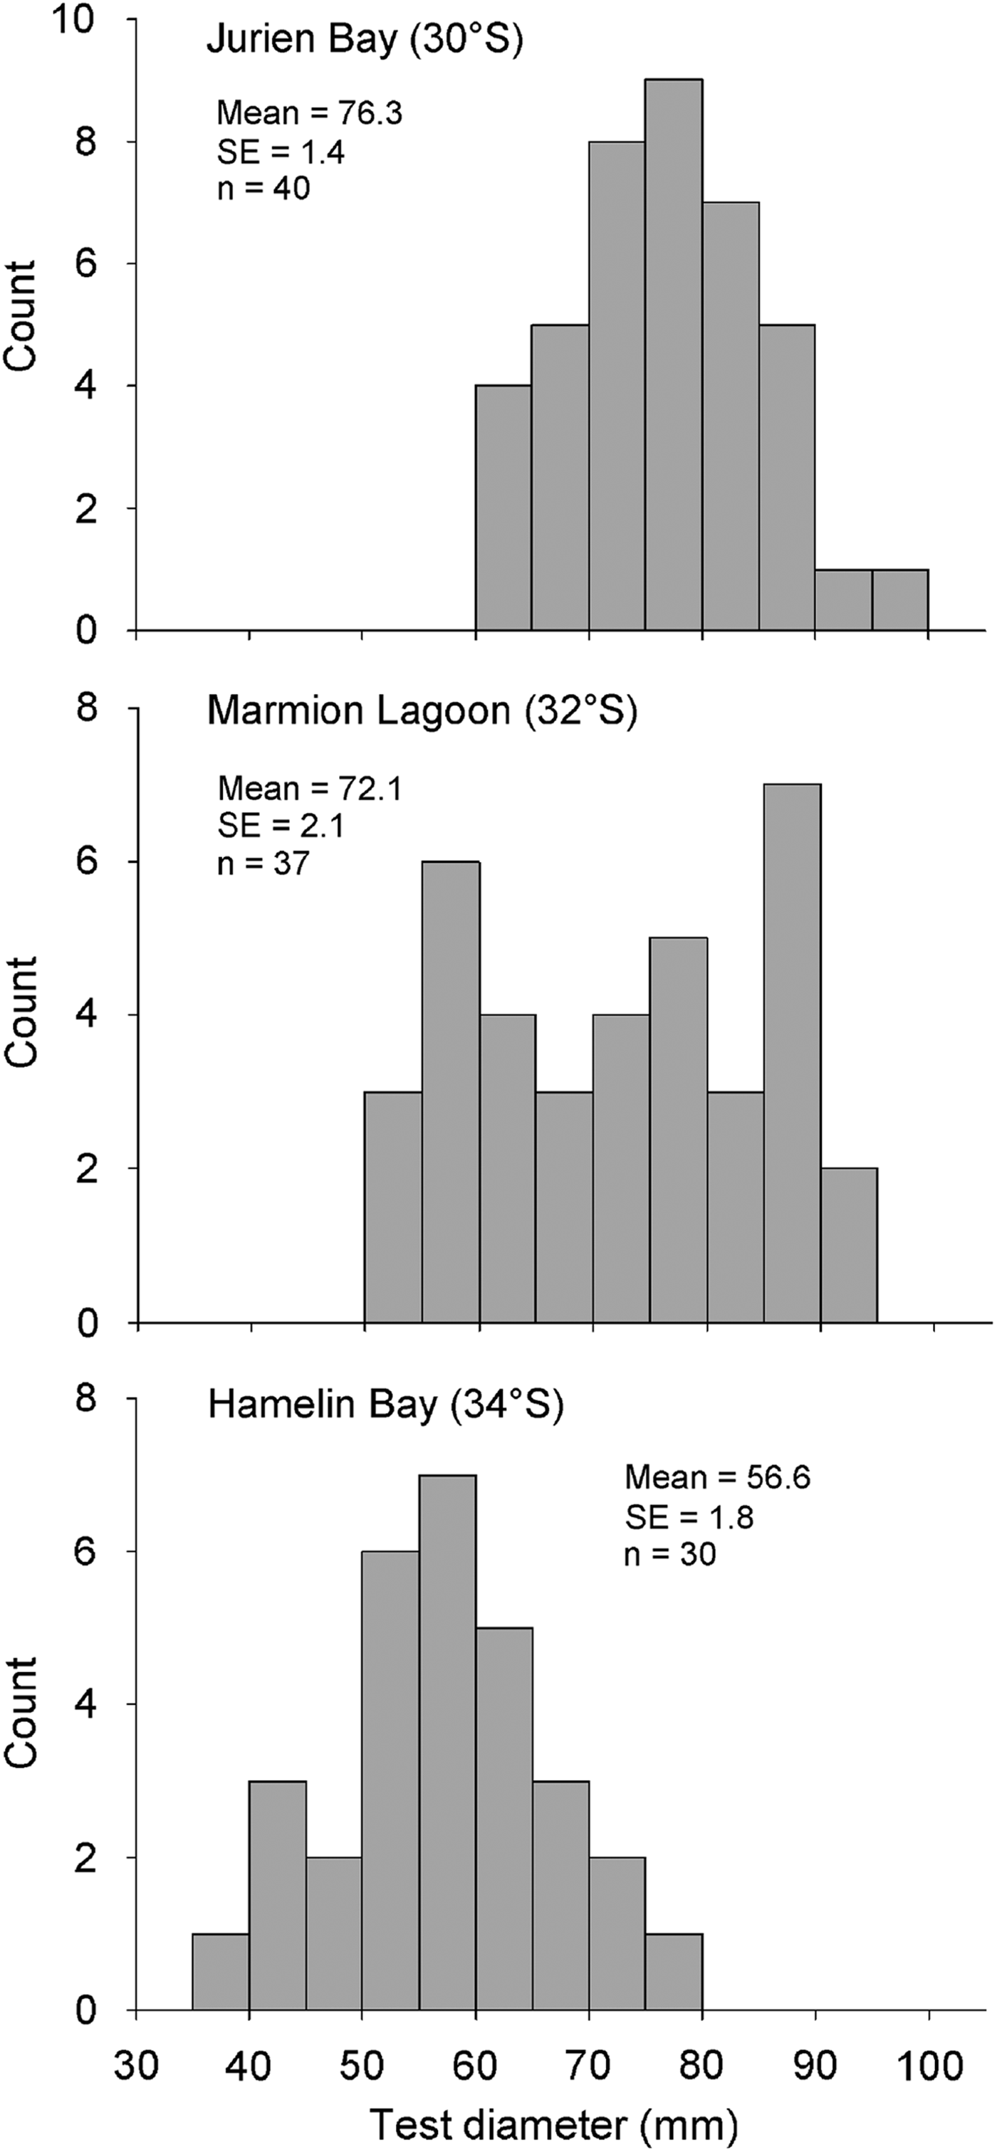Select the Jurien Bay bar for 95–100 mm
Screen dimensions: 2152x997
click(900, 600)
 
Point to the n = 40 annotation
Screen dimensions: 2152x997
click(263, 188)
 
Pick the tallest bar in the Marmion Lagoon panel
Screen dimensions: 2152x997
click(791, 1053)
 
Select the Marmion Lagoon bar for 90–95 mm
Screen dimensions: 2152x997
click(848, 1245)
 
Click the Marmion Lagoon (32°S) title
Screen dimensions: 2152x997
click(422, 711)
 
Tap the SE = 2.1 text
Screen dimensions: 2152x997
click(281, 825)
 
